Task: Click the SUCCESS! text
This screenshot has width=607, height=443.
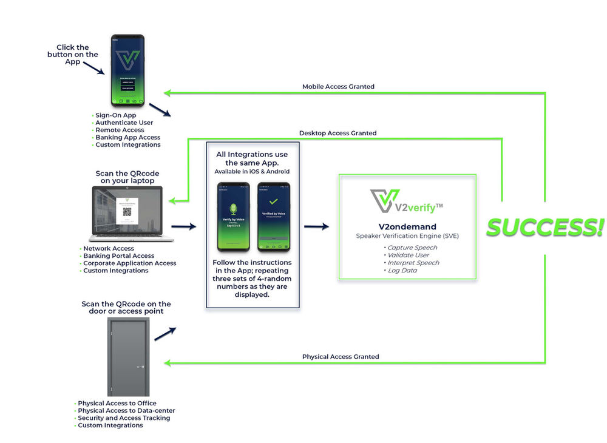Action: click(544, 228)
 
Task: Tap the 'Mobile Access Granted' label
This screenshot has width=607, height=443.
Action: click(338, 87)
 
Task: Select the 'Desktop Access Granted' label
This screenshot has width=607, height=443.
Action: click(337, 133)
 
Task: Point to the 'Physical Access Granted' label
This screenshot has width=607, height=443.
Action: click(341, 357)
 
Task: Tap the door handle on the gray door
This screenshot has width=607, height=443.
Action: click(140, 367)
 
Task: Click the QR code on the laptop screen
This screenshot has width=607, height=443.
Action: click(127, 212)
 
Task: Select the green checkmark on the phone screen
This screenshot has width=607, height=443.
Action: click(273, 201)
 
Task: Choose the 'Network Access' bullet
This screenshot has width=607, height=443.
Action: click(109, 248)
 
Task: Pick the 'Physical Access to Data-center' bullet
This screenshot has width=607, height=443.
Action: click(126, 410)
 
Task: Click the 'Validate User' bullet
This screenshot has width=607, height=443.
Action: click(409, 255)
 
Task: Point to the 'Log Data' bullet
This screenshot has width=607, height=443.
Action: click(404, 270)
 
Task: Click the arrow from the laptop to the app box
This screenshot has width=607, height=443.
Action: click(184, 227)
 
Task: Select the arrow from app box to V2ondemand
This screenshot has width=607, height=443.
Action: click(316, 227)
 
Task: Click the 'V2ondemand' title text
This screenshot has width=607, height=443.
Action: click(407, 227)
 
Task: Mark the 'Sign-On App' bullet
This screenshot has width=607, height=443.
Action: click(115, 115)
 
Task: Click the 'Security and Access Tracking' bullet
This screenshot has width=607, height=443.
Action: click(124, 418)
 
